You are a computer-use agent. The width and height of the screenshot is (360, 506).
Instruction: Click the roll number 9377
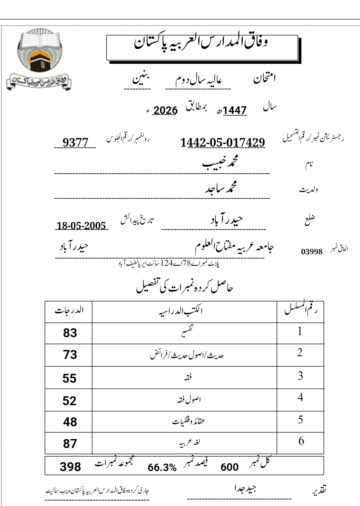[x=75, y=142]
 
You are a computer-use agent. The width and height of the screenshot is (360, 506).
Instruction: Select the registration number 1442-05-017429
[x=223, y=142]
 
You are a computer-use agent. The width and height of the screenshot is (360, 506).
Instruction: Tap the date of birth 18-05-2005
[x=81, y=226]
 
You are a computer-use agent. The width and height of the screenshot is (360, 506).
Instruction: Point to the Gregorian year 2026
[x=165, y=110]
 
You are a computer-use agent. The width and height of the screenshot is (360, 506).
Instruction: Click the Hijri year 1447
[x=235, y=110]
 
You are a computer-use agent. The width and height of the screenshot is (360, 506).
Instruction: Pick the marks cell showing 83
[x=70, y=333]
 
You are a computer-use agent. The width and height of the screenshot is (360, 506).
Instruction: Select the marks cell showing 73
[x=70, y=355]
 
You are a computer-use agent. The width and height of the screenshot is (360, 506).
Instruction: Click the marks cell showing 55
[x=69, y=378]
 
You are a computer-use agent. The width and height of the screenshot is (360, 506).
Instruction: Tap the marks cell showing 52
[x=69, y=401]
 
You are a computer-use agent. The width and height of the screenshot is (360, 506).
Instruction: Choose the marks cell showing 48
[x=70, y=422]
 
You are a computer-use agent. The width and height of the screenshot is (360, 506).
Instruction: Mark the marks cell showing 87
[x=70, y=444]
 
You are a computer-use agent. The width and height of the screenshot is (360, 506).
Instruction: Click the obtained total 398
[x=70, y=467]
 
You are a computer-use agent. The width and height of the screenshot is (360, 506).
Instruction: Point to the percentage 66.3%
[x=162, y=468]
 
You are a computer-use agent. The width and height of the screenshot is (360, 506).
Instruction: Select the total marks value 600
[x=230, y=467]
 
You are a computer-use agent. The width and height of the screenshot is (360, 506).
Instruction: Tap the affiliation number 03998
[x=312, y=252]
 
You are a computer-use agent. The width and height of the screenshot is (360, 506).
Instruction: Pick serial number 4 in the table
[x=300, y=398]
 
